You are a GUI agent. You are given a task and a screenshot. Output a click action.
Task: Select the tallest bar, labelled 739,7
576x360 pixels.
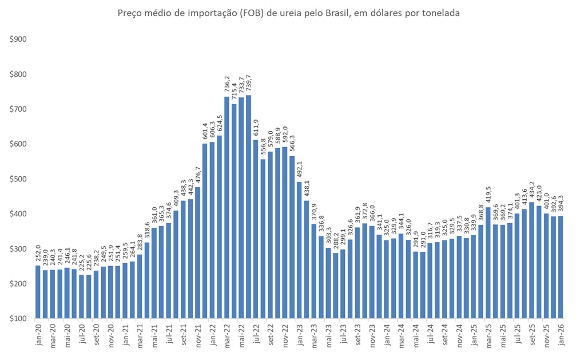[248, 206]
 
